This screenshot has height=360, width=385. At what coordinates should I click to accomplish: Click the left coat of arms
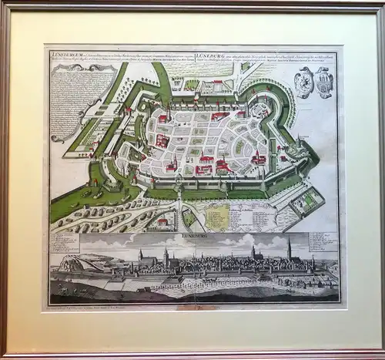coord(306,82)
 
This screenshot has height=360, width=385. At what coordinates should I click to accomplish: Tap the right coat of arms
coord(324,82)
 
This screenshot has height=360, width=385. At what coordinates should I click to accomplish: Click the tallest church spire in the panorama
coord(289,248)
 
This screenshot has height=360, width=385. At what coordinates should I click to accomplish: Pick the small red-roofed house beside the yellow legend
coord(162,223)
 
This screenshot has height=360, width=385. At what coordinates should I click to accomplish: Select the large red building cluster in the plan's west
coord(162,141)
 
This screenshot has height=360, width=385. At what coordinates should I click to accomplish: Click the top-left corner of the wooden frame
coord(5,5)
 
